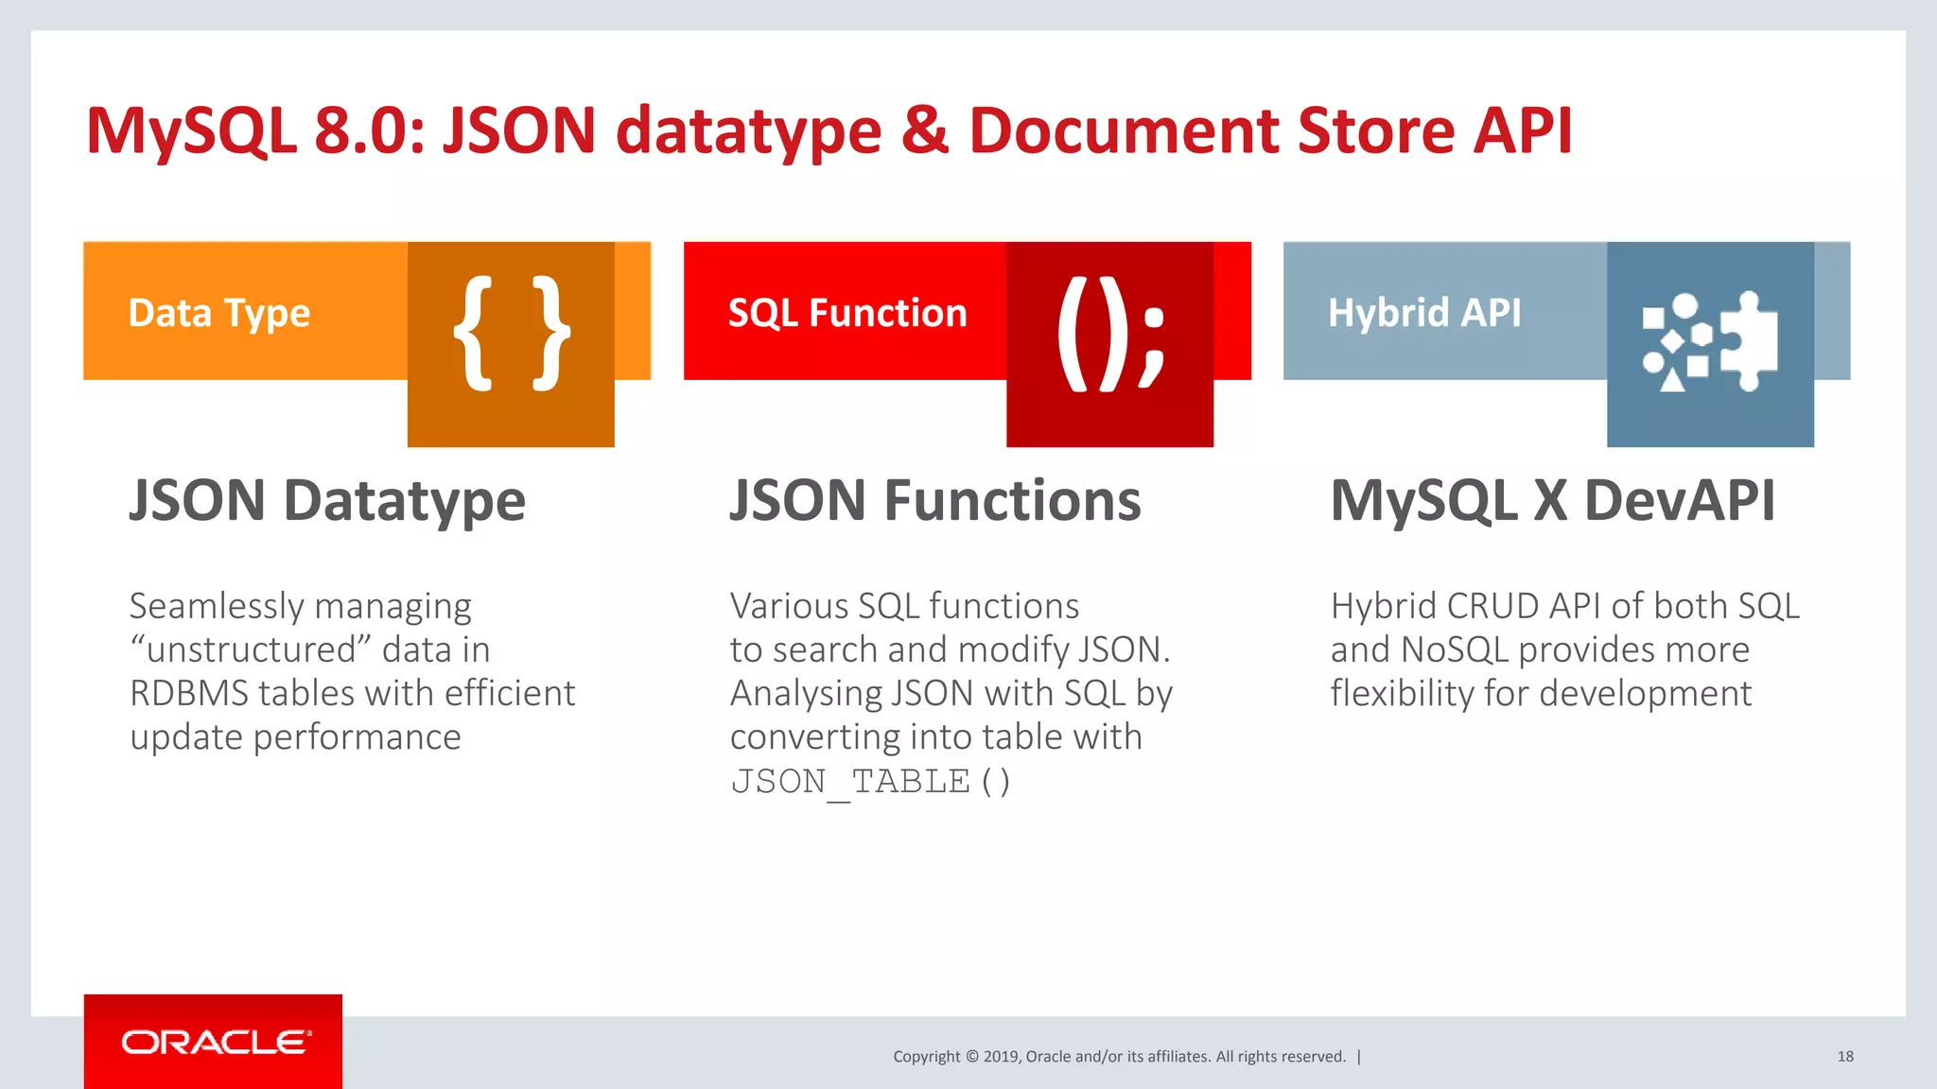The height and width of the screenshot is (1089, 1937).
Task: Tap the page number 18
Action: click(x=1844, y=1057)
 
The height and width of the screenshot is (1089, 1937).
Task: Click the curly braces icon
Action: click(x=511, y=333)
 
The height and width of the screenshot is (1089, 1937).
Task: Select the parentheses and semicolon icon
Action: click(x=1110, y=333)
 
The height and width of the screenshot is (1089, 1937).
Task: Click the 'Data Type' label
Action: click(x=219, y=313)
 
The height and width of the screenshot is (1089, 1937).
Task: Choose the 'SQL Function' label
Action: click(x=847, y=313)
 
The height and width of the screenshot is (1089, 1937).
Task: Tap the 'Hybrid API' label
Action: click(x=1424, y=313)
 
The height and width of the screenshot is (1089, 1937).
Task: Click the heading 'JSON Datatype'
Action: click(x=327, y=501)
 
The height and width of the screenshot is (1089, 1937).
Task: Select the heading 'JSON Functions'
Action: click(x=935, y=501)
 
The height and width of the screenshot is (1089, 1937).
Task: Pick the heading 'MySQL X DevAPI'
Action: click(x=1552, y=501)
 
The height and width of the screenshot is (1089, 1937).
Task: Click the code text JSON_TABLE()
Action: click(x=870, y=783)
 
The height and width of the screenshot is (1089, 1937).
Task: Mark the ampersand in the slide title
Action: click(x=925, y=130)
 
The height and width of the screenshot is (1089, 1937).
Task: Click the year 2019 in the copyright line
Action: click(x=1001, y=1057)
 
